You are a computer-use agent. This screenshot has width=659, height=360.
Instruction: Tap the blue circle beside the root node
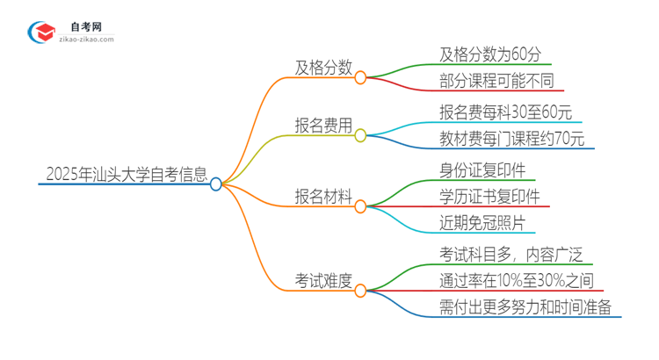point(216,184)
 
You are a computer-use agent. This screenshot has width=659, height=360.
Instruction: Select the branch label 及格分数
point(324,66)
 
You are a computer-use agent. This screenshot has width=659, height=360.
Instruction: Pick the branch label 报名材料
point(324,194)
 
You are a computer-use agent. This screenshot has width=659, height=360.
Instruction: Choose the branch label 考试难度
point(324,280)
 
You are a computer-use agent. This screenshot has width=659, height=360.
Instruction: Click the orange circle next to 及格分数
point(360,77)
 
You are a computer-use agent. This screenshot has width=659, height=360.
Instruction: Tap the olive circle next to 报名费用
point(360,135)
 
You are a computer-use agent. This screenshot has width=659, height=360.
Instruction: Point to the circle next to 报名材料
point(360,206)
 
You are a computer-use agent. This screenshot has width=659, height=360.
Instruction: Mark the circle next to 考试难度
point(360,291)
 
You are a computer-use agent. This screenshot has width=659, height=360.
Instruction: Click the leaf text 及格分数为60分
point(495,54)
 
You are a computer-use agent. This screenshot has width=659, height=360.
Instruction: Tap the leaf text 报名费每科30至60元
point(506,112)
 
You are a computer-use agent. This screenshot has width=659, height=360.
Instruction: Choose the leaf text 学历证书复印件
point(489,197)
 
